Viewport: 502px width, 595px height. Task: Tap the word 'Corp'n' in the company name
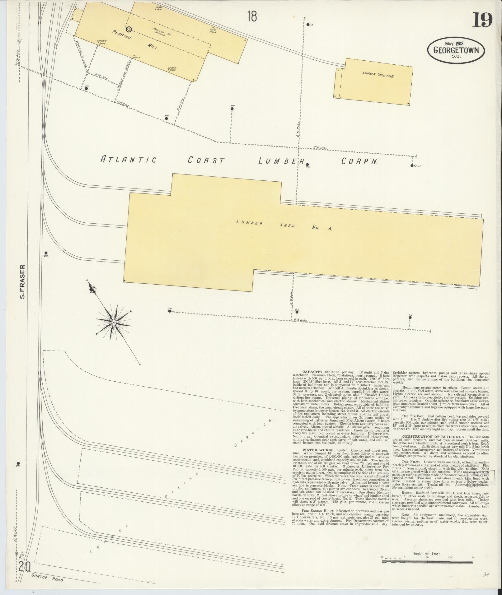point(359,161)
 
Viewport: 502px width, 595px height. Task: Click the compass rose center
point(114,323)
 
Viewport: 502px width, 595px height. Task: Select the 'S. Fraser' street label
point(22,281)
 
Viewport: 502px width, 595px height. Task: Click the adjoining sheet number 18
point(252,16)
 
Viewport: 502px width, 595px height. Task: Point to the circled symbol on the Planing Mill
point(129,29)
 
